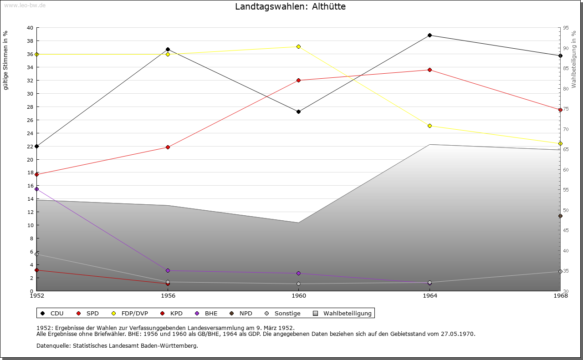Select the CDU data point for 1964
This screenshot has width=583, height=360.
click(x=430, y=35)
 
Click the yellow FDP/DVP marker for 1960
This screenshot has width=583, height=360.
click(x=298, y=46)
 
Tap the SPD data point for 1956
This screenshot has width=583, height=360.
click(x=168, y=147)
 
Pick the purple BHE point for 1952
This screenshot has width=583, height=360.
click(x=37, y=189)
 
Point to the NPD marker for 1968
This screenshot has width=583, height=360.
click(x=560, y=216)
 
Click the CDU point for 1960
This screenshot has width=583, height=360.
click(x=298, y=112)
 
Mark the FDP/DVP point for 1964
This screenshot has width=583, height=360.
click(x=430, y=126)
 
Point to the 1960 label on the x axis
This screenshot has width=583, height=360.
click(x=299, y=296)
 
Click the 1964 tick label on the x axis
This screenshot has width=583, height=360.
click(x=430, y=296)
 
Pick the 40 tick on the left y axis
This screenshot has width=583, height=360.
click(x=30, y=28)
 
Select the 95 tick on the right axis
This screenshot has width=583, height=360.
click(x=566, y=28)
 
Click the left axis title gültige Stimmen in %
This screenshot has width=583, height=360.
click(x=6, y=60)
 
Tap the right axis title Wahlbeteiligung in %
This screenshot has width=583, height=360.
click(x=574, y=60)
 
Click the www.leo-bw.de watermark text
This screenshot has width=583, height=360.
click(x=25, y=5)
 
